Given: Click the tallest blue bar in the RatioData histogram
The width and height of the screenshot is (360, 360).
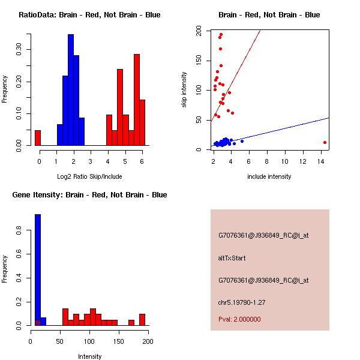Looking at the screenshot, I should pos(71,90).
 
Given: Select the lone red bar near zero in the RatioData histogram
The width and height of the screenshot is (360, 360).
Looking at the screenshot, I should pos(37,137).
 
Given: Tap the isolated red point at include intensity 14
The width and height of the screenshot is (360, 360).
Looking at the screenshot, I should pos(325,142).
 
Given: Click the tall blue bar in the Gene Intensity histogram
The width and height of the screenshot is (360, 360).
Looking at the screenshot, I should pos(38,269).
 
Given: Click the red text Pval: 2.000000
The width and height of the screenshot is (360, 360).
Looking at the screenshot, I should pos(239,319).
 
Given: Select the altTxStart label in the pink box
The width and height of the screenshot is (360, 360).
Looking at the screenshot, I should pos(232,258).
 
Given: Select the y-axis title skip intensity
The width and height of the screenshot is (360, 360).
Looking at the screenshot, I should pos(185,89).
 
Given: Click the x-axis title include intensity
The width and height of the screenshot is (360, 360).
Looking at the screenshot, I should pos(269,176).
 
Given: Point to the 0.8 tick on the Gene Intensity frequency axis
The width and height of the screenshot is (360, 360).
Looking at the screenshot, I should pos(22,229).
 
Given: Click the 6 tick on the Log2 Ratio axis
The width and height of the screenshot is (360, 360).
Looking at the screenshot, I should pos(142,161).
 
